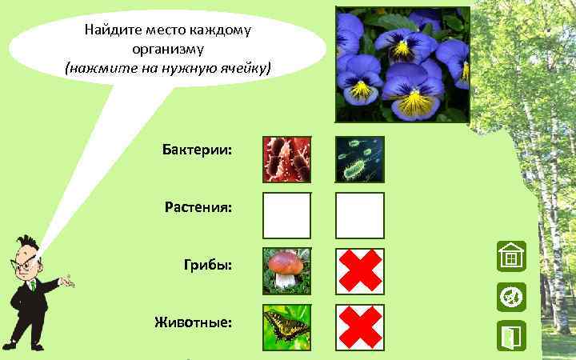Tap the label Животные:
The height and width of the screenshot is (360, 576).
[x=194, y=322]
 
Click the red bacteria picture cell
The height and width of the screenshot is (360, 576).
[x=286, y=159]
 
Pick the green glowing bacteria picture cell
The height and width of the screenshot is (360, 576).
[x=359, y=159]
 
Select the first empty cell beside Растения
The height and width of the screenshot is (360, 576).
[x=286, y=215]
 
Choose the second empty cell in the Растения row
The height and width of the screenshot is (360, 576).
[x=359, y=215]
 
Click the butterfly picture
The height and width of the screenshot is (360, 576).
[x=286, y=327]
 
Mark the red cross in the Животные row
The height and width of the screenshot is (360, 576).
[x=359, y=327]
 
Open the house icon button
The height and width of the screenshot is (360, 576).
[x=510, y=257]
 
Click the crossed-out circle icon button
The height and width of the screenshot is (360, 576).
[x=510, y=297]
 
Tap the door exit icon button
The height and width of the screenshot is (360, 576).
[x=510, y=337]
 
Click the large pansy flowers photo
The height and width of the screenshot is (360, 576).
[x=402, y=66]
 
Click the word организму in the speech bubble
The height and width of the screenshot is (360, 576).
[x=169, y=49]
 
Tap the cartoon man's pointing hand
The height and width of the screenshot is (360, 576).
[x=69, y=282]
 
